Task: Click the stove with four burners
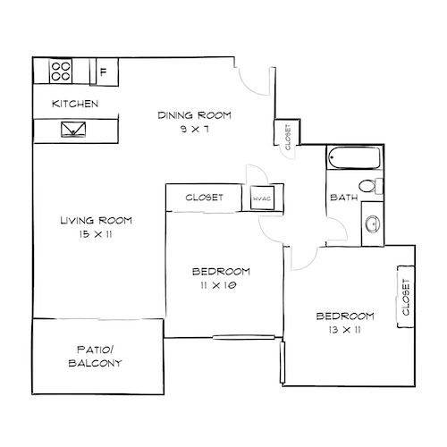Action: (61, 72)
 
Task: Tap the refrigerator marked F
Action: (104, 72)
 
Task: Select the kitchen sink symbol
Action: (72, 131)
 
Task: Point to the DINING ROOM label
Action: (195, 114)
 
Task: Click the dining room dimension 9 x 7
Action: (196, 129)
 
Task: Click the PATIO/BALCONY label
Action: (95, 357)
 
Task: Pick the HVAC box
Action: (262, 198)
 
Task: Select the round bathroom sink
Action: (372, 223)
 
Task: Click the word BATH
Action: (344, 198)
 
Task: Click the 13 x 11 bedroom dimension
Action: (344, 331)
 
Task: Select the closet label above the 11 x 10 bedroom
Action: (204, 198)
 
